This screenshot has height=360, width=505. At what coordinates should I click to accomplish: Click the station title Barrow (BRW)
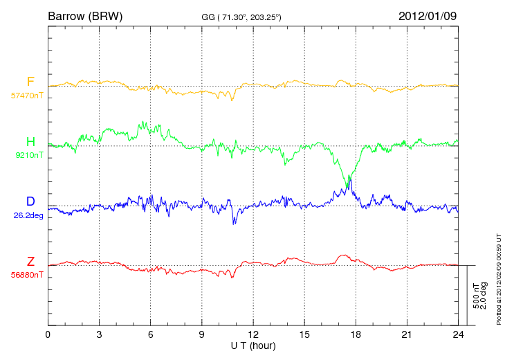85,17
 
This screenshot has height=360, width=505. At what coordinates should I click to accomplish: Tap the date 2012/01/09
428,16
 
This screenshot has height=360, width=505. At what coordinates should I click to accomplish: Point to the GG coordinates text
241,17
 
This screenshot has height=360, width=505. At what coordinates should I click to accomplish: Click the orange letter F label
30,82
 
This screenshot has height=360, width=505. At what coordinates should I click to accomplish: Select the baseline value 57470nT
27,96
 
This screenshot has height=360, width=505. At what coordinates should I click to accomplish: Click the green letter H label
30,141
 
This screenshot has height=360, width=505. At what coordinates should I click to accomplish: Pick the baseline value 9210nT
29,155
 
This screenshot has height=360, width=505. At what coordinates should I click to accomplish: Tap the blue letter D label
30,201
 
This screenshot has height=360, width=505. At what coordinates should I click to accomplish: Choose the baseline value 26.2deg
28,215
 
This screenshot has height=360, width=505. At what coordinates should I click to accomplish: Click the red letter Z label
30,262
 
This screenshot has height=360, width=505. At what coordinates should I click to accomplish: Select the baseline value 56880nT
27,276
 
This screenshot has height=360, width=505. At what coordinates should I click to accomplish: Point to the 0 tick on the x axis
48,334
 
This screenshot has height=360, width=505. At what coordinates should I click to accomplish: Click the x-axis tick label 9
201,334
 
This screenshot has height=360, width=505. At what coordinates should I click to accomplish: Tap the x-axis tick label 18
356,334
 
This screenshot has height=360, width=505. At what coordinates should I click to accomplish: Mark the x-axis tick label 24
458,334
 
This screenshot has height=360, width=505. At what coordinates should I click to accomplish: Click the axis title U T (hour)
253,346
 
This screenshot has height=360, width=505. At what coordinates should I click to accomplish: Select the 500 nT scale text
476,296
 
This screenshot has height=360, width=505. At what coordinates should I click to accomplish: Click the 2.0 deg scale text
484,296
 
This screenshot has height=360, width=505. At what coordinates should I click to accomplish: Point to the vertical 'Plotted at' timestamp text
499,279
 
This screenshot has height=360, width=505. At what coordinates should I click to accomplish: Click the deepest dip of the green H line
347,187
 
